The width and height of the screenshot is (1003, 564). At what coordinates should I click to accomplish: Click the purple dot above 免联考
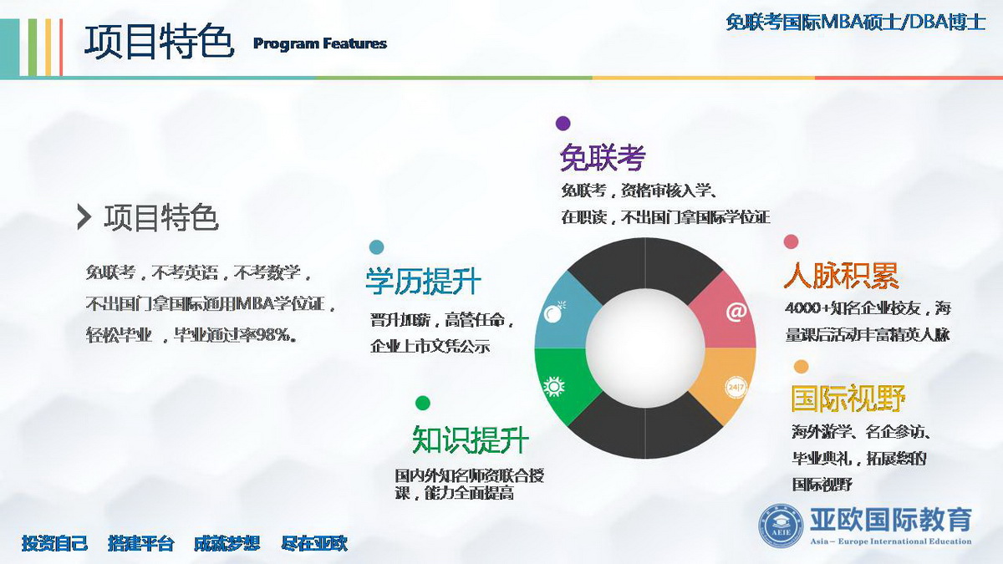(x=563, y=123)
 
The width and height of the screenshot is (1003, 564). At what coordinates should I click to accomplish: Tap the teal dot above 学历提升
(x=377, y=247)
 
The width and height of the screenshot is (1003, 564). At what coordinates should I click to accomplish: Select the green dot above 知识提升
(x=423, y=403)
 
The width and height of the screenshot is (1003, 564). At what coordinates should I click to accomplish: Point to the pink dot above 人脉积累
(x=792, y=241)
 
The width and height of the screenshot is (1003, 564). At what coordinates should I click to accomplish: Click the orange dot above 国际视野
(x=801, y=367)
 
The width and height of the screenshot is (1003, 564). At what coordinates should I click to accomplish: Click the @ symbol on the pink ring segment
(x=736, y=312)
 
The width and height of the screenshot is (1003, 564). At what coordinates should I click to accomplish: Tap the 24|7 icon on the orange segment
(x=736, y=387)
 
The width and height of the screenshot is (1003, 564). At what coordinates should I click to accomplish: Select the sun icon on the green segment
(x=554, y=387)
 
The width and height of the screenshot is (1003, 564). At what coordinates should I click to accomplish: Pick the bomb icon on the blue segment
(x=554, y=312)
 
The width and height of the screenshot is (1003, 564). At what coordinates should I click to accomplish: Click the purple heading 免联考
(x=603, y=158)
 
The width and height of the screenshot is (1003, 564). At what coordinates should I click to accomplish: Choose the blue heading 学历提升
(x=424, y=281)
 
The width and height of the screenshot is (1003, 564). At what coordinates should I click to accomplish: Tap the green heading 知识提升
(x=471, y=440)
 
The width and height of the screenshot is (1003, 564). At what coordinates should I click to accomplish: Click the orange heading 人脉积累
(x=842, y=275)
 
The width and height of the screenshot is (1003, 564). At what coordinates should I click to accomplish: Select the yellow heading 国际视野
(x=848, y=398)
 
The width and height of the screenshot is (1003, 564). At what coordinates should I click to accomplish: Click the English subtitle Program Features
(x=319, y=43)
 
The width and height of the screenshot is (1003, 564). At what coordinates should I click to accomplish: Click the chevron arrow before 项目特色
(x=84, y=217)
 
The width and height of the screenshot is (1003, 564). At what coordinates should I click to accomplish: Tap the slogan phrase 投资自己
(x=54, y=543)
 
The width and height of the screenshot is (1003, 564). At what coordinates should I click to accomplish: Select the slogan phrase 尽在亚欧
(x=314, y=543)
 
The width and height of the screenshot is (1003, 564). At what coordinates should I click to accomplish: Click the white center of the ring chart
(x=645, y=348)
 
